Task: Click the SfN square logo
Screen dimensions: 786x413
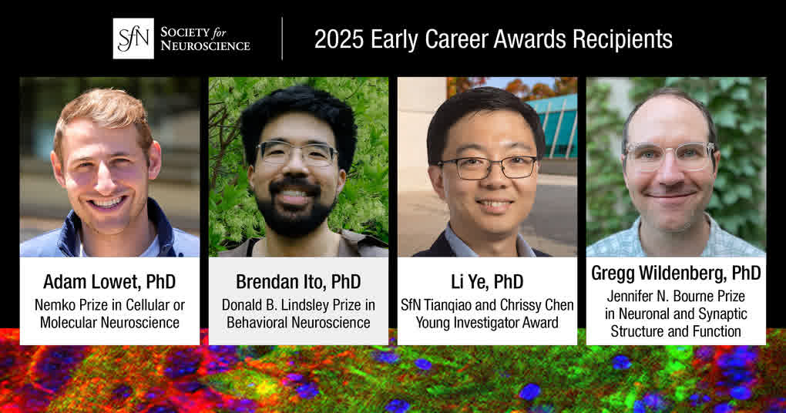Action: click(x=133, y=39)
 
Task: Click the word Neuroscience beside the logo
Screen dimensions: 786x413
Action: click(x=206, y=45)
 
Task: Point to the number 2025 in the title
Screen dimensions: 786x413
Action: click(x=339, y=39)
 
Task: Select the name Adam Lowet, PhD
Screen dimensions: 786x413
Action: click(x=109, y=282)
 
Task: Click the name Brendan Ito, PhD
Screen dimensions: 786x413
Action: click(x=298, y=282)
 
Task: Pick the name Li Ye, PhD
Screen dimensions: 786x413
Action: click(x=487, y=282)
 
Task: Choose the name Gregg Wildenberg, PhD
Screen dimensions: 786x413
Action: click(x=676, y=274)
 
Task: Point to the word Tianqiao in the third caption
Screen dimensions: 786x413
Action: click(x=455, y=305)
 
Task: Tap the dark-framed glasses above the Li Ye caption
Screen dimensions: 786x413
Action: click(x=488, y=167)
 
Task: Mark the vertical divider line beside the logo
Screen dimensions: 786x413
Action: click(x=282, y=39)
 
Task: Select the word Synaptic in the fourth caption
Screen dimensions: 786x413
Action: click(x=720, y=314)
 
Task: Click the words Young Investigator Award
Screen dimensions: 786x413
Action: click(x=487, y=323)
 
